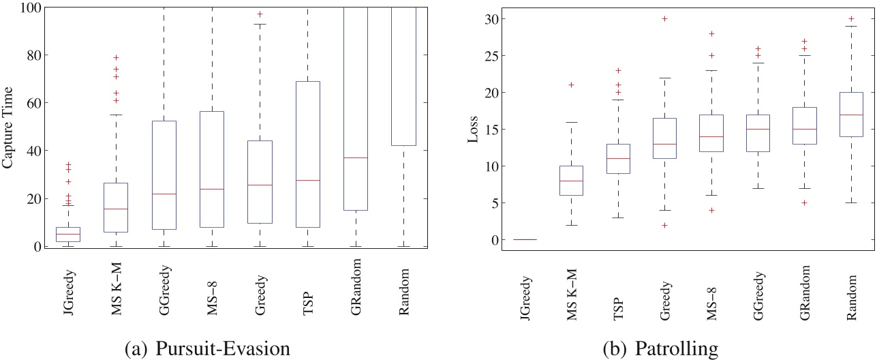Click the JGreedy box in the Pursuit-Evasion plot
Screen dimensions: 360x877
click(67, 231)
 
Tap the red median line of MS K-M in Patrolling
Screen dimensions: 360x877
click(570, 181)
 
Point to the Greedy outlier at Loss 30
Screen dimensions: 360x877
click(664, 18)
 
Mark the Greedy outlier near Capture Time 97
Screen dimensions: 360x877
click(259, 14)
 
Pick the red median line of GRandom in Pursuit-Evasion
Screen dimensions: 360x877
click(355, 157)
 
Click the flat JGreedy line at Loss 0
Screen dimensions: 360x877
click(524, 239)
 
